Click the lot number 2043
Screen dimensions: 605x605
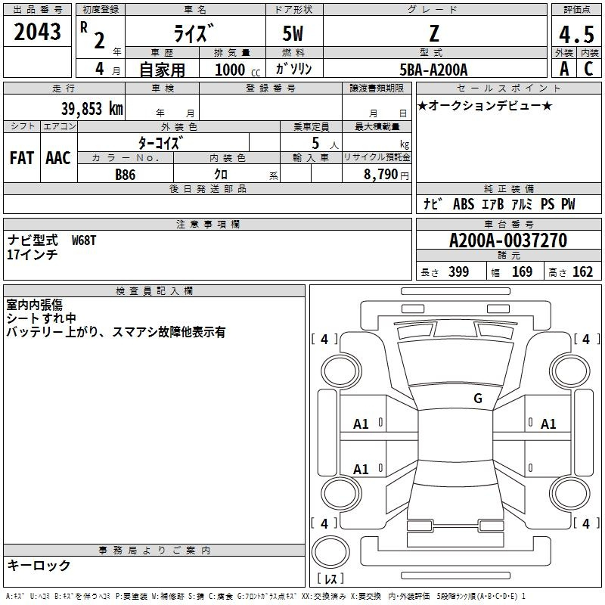coord(37,32)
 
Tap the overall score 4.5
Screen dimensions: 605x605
coord(576,34)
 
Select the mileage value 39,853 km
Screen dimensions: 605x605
coord(92,109)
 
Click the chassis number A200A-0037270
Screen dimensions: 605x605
coord(508,240)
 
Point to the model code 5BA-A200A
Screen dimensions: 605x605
coord(433,70)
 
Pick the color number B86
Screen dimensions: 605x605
coord(126,175)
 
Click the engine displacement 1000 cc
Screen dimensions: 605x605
coord(237,70)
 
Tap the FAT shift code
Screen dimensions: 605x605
coord(22,158)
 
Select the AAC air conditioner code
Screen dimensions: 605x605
coord(58,158)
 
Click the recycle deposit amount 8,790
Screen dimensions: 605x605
coord(380,174)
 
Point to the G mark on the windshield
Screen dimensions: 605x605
coord(478,398)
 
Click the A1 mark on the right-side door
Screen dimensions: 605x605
coord(548,424)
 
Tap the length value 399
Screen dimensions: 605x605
coord(458,271)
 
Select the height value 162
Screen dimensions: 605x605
coord(582,271)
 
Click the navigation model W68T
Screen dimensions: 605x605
coord(84,240)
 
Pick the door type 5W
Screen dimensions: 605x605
coord(293,33)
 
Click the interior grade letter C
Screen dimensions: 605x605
coord(588,69)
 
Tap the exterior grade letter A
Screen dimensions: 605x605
coord(564,69)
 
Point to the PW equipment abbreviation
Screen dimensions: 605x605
coord(568,203)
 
